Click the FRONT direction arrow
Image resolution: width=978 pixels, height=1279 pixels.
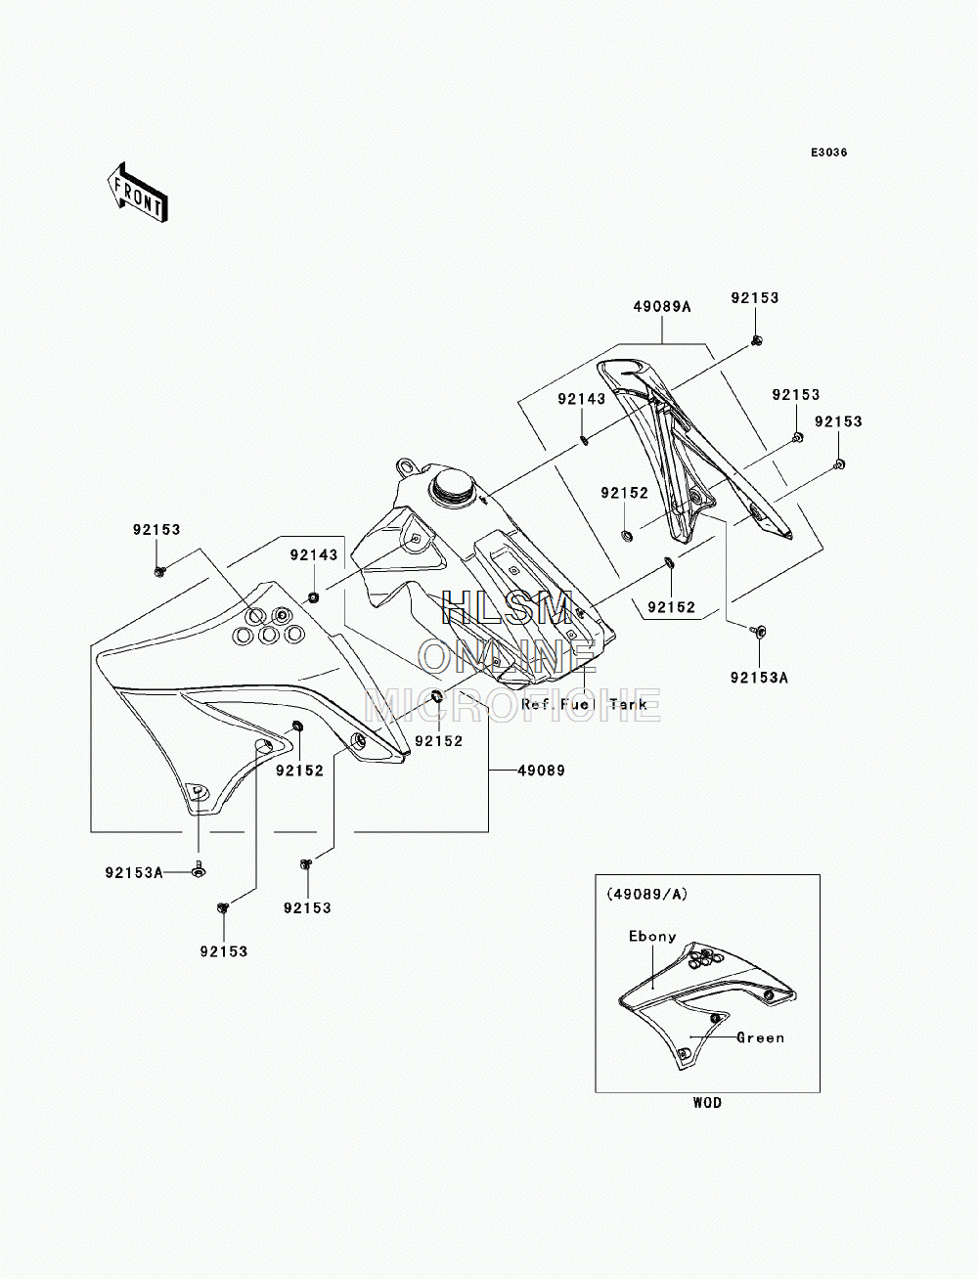pyautogui.click(x=138, y=192)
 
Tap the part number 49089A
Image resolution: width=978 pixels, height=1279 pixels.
pyautogui.click(x=661, y=306)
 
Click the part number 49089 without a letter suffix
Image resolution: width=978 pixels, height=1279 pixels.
pyautogui.click(x=542, y=771)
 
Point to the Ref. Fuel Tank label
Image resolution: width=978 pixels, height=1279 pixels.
pyautogui.click(x=584, y=704)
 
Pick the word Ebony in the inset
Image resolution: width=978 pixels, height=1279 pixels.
pyautogui.click(x=652, y=937)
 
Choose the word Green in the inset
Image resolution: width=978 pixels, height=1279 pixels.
pyautogui.click(x=760, y=1037)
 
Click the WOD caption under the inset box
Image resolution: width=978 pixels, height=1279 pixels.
pyautogui.click(x=707, y=1102)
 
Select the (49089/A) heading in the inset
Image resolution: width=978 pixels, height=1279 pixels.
pyautogui.click(x=647, y=894)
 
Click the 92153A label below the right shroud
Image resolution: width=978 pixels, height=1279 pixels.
pyautogui.click(x=759, y=678)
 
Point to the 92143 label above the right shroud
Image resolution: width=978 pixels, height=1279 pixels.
pyautogui.click(x=581, y=399)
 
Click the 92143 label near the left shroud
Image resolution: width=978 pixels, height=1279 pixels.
pyautogui.click(x=314, y=555)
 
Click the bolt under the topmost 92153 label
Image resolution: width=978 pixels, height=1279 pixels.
pyautogui.click(x=756, y=339)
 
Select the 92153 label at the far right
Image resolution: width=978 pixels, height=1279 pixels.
pyautogui.click(x=837, y=421)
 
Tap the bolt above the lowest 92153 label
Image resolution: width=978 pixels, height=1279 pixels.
pyautogui.click(x=223, y=907)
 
